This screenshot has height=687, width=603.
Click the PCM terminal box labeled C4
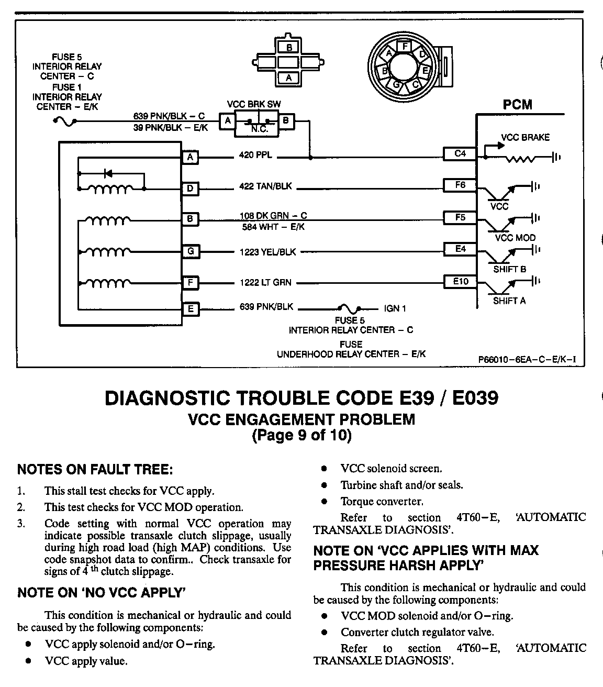[460, 154]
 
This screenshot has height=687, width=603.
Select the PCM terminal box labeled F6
[460, 185]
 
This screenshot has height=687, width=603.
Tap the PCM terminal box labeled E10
[460, 282]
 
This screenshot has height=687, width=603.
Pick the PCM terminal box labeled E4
[460, 249]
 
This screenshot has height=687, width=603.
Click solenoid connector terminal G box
[191, 251]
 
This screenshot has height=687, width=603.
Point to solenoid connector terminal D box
[191, 189]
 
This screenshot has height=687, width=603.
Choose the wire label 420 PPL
[255, 156]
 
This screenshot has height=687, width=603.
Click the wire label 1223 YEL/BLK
[267, 252]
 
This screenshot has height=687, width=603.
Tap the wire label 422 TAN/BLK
[265, 186]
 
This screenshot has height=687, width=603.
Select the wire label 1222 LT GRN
[265, 283]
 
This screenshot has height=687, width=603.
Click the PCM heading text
[517, 105]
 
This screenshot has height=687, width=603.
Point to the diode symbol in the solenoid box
[109, 173]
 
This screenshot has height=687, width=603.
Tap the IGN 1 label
[395, 308]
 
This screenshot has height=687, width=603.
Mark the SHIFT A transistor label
[509, 301]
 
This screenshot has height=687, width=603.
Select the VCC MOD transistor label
[515, 238]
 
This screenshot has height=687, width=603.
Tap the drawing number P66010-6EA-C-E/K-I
[527, 360]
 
